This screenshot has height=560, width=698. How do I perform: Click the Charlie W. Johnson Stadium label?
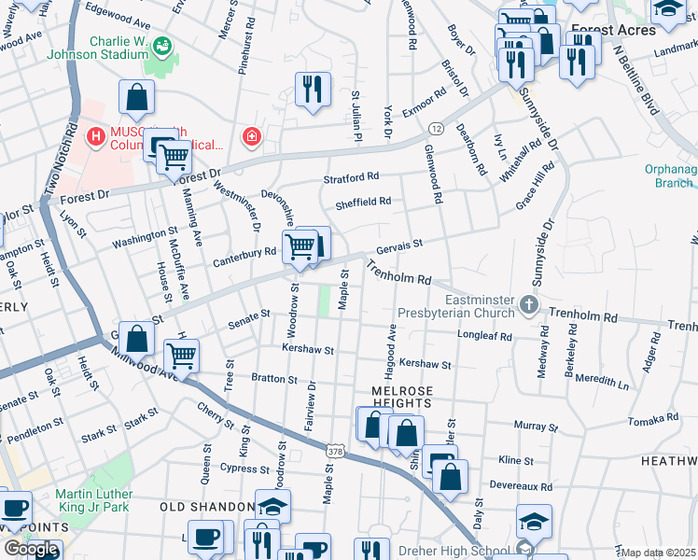tap(119, 47)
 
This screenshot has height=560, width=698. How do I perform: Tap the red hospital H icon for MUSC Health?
tap(94, 138)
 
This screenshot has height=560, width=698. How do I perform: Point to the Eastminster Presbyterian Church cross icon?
tap(529, 304)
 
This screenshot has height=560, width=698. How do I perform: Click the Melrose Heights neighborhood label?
tap(401, 396)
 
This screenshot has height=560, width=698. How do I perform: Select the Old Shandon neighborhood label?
tap(207, 506)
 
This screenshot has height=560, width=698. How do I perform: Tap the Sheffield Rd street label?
tap(362, 201)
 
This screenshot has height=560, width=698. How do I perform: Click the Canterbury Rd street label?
tap(245, 251)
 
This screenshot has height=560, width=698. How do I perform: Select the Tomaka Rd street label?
tap(653, 420)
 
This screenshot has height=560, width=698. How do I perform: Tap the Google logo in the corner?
tap(31, 549)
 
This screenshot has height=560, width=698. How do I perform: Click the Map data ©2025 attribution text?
tap(659, 553)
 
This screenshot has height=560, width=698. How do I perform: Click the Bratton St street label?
tap(273, 380)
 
